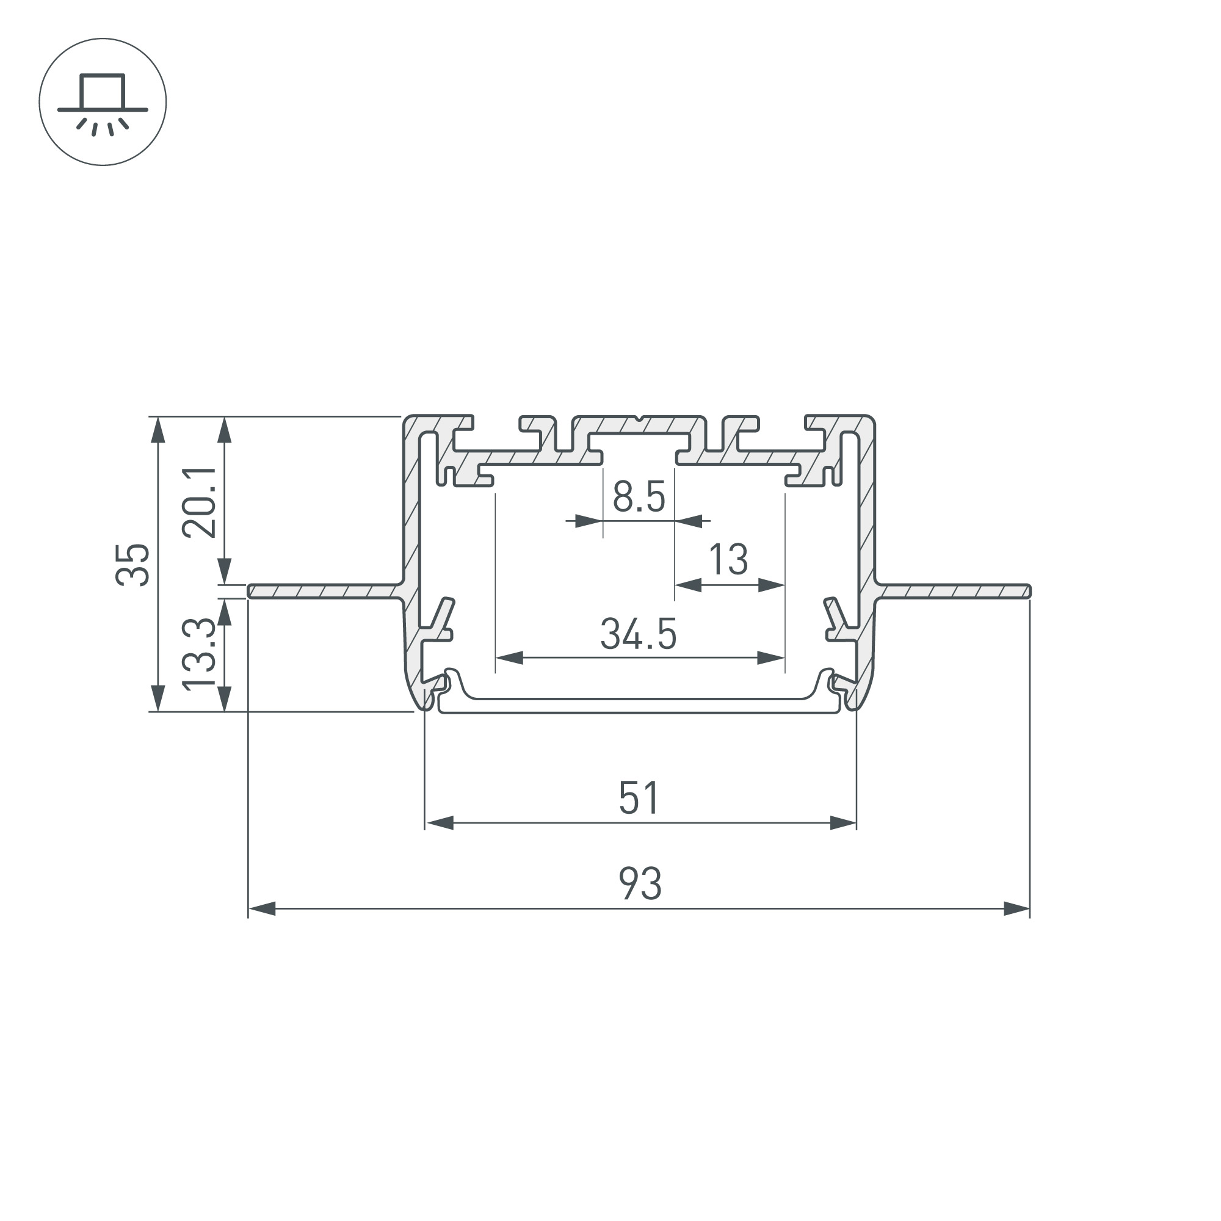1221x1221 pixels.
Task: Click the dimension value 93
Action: [640, 884]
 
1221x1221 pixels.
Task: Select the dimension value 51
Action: [640, 797]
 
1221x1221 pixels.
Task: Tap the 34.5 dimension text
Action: [639, 634]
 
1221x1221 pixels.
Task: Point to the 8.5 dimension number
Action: [639, 496]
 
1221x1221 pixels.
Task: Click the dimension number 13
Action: [728, 559]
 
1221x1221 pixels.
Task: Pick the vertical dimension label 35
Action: [133, 564]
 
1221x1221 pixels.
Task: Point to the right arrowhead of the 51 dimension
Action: [843, 823]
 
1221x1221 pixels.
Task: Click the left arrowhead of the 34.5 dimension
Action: [509, 658]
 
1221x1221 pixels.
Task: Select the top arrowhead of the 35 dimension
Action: [158, 430]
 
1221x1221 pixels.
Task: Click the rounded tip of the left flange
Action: [251, 591]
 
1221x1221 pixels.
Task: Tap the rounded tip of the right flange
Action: [1028, 591]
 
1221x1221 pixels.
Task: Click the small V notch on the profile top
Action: [639, 418]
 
